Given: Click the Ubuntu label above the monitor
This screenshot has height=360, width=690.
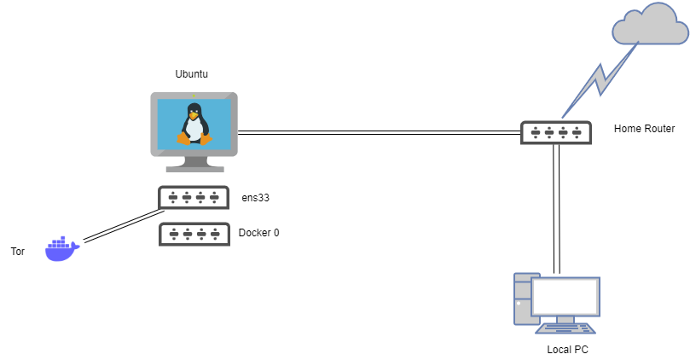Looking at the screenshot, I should (x=192, y=75).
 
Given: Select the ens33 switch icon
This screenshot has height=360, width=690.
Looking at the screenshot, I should (x=194, y=198).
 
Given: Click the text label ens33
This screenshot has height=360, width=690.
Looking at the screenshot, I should (x=256, y=198).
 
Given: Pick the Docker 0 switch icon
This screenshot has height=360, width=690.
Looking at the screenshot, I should (x=194, y=234).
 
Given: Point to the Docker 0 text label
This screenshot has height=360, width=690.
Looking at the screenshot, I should (x=258, y=233).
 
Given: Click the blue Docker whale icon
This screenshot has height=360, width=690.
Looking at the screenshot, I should (x=61, y=249).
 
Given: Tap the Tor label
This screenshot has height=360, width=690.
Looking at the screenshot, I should (x=17, y=252).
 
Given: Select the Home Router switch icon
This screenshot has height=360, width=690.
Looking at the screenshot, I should (x=555, y=131).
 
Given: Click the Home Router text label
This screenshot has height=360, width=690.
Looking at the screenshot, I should (x=644, y=129).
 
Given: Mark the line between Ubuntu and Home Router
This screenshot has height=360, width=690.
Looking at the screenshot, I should (x=379, y=132).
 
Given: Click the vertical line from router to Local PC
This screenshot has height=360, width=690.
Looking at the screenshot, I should (x=556, y=209).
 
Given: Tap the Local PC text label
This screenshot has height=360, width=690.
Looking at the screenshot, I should (x=567, y=350).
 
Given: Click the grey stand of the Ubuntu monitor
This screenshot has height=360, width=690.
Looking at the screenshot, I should (x=194, y=164).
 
